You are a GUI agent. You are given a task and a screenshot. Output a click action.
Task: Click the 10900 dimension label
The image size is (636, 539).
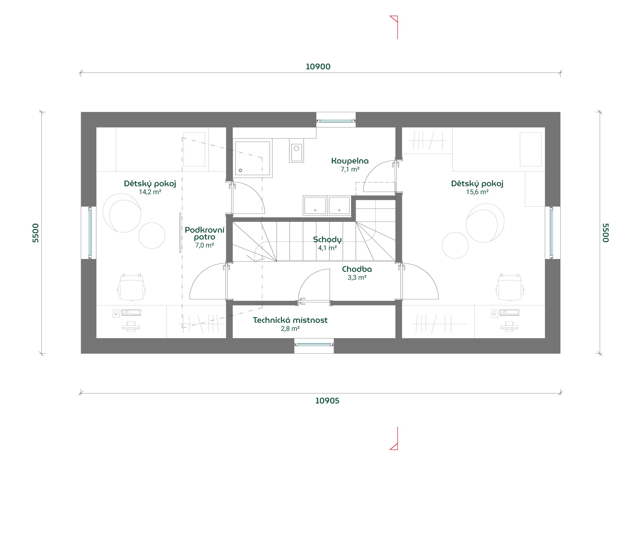[x=318, y=67]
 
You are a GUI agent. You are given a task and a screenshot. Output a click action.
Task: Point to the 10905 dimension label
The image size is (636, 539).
[x=327, y=401]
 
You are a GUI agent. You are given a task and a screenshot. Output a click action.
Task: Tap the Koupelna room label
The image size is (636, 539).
[x=350, y=161]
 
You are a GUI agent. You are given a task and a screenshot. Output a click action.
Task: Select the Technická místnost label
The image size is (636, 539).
[x=290, y=320]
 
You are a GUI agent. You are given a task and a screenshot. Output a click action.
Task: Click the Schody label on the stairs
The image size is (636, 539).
[x=327, y=240]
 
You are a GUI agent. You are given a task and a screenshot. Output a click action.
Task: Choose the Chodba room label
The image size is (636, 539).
[x=357, y=269]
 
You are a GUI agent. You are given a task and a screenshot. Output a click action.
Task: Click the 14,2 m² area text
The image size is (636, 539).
[x=150, y=192]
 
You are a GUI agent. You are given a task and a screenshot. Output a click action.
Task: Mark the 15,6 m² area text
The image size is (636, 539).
[x=477, y=192]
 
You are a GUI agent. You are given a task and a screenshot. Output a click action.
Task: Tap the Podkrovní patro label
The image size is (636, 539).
[x=204, y=233]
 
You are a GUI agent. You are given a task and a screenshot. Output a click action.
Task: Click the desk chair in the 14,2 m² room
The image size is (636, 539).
[x=132, y=287]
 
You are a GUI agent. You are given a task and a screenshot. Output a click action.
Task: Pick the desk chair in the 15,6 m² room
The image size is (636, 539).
[x=510, y=287]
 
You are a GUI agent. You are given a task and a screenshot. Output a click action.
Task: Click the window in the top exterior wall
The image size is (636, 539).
[x=336, y=121]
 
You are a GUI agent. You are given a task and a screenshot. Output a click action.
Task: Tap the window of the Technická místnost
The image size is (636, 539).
[x=314, y=344]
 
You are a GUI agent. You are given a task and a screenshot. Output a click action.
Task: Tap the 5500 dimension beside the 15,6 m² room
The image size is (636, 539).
[x=606, y=233]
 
